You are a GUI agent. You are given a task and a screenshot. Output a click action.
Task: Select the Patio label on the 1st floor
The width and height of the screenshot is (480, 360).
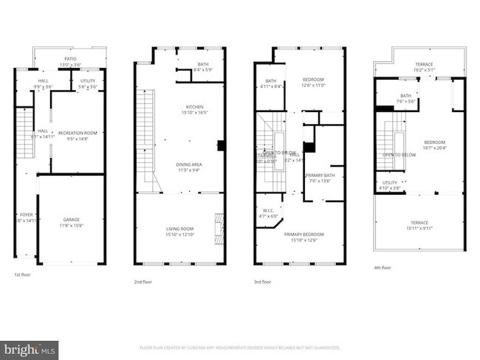(x=70, y=60)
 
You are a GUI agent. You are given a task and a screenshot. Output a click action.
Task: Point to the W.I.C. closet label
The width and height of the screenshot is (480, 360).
(x=267, y=212)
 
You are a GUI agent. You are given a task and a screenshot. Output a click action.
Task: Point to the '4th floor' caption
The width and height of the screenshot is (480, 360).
(x=383, y=268)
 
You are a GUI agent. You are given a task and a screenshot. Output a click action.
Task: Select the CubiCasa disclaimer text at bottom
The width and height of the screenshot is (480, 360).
(x=240, y=347)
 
